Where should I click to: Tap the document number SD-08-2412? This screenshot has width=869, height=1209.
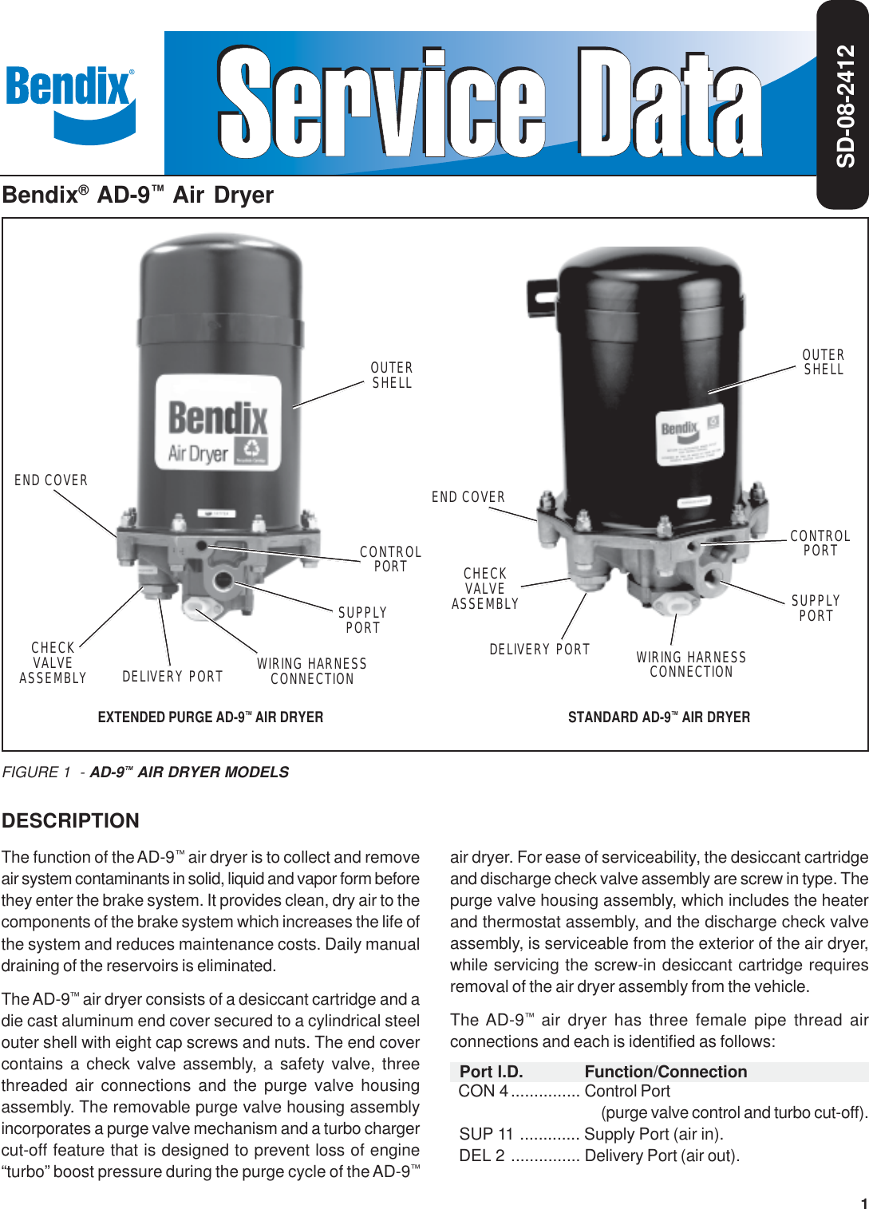point(845,105)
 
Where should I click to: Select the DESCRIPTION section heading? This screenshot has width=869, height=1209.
point(70,820)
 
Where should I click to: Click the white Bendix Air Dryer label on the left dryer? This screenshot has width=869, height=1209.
point(218,422)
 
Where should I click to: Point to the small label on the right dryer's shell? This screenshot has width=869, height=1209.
point(689,437)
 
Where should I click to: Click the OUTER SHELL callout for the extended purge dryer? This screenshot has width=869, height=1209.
point(392,375)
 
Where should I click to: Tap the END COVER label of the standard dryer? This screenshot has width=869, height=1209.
point(468,497)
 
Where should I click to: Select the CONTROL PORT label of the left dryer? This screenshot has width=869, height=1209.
point(390,559)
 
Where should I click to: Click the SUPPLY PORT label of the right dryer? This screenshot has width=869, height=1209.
point(816,608)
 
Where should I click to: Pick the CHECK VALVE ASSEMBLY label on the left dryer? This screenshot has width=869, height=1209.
point(53,662)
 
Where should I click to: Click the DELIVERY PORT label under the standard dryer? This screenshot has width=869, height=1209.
point(539,650)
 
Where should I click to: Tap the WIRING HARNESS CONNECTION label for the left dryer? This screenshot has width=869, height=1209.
point(312,671)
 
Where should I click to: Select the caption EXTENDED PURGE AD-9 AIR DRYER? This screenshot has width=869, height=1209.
point(211,717)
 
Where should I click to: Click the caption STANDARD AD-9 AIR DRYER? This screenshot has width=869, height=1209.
point(659,717)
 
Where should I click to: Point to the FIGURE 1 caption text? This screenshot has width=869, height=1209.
point(145,772)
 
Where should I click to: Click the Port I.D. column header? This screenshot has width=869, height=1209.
point(492,1072)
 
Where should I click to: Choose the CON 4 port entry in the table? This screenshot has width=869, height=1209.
point(483,1091)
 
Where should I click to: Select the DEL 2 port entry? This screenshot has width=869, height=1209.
point(482,1156)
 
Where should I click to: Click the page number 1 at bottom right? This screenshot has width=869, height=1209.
point(863,1203)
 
